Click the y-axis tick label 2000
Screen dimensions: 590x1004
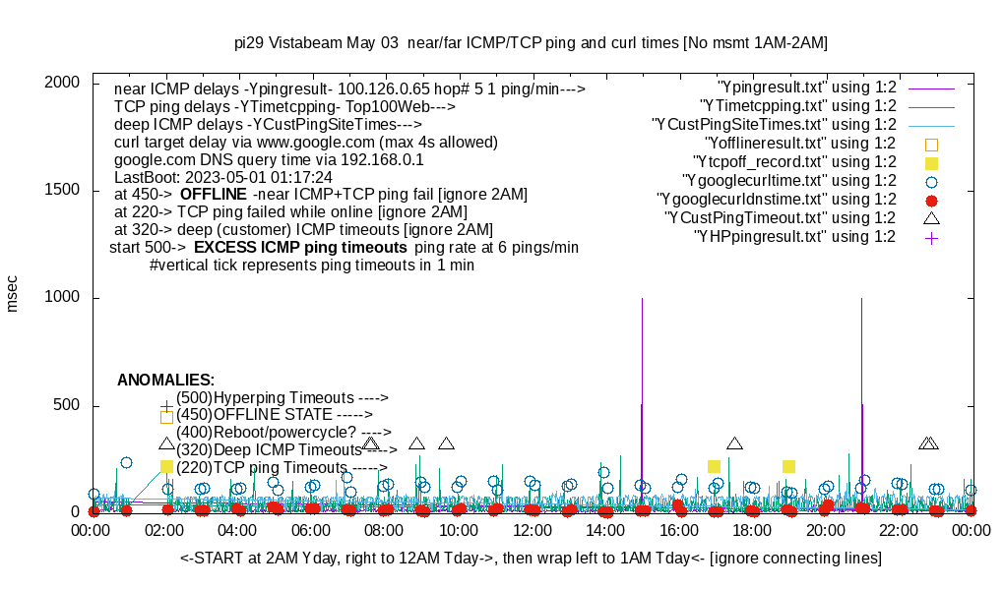pyautogui.click(x=62, y=83)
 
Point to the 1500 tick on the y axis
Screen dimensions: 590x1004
pyautogui.click(x=62, y=191)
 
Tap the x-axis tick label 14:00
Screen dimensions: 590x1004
pyautogui.click(x=604, y=531)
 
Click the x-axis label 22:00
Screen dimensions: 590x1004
pyautogui.click(x=898, y=531)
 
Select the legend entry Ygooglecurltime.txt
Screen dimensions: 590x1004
pyautogui.click(x=788, y=180)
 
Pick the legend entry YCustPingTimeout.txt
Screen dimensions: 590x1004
pyautogui.click(x=780, y=217)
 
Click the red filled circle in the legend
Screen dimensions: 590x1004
pyautogui.click(x=931, y=200)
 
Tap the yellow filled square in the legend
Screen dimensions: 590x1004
pyautogui.click(x=931, y=162)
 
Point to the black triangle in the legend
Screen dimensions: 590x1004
pyautogui.click(x=931, y=217)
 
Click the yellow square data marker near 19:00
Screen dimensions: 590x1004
pyautogui.click(x=788, y=466)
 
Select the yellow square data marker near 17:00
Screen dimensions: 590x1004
pyautogui.click(x=715, y=466)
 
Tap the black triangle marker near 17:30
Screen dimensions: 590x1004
pyautogui.click(x=734, y=443)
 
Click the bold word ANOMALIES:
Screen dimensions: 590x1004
pyautogui.click(x=165, y=380)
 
